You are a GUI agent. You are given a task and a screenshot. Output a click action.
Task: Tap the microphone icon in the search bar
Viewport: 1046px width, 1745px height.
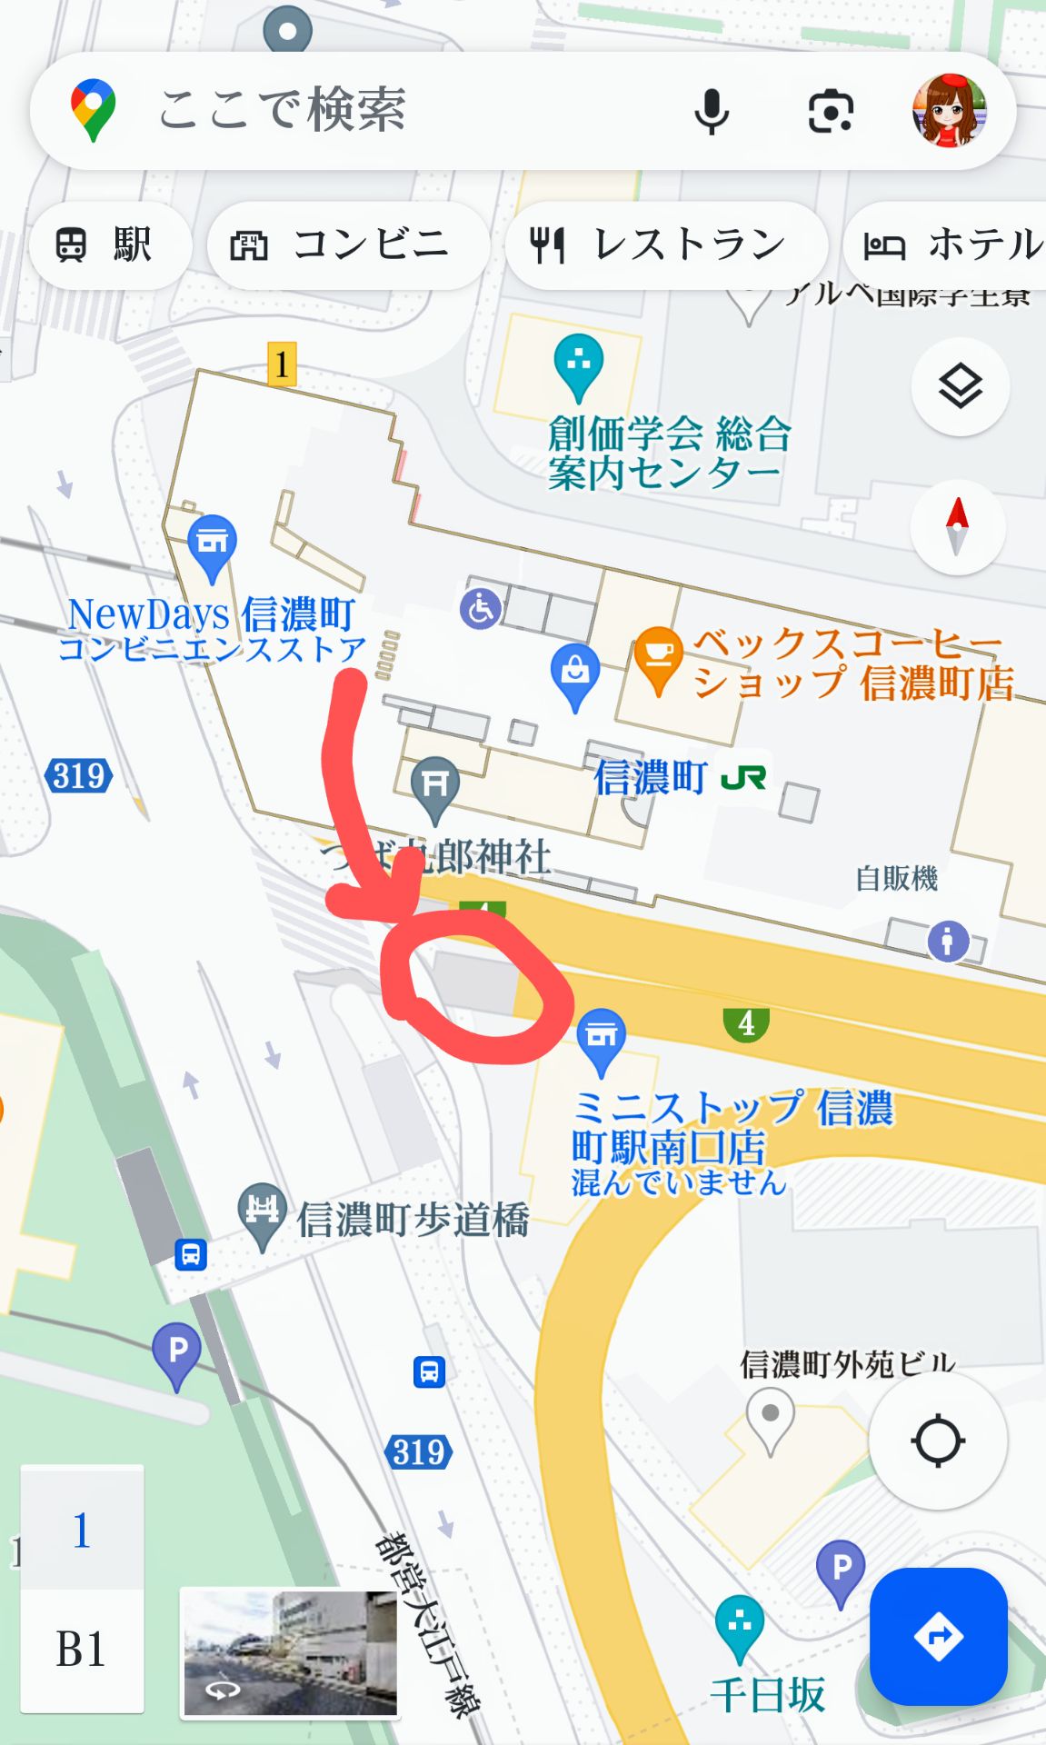(x=712, y=112)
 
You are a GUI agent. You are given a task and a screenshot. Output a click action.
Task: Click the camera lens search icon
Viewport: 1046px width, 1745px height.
(x=831, y=112)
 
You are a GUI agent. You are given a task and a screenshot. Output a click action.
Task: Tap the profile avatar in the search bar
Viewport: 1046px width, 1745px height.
(x=949, y=111)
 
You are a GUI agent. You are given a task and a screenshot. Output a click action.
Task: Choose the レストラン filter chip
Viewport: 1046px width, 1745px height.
(x=665, y=244)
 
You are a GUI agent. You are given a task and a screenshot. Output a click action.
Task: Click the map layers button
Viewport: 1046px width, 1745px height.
(x=960, y=387)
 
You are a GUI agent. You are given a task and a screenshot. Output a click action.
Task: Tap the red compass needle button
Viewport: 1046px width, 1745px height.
(x=957, y=527)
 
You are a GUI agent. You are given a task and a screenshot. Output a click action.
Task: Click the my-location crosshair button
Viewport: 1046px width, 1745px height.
(x=937, y=1441)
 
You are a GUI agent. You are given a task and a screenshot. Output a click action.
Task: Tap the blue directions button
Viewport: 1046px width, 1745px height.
(x=938, y=1636)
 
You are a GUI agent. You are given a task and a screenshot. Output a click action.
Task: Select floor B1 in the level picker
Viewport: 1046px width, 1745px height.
(x=82, y=1649)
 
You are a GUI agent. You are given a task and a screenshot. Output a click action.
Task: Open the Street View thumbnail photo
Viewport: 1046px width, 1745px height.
(x=290, y=1652)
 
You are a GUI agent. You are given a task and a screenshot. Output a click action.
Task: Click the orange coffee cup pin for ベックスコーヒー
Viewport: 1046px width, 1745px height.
(x=658, y=658)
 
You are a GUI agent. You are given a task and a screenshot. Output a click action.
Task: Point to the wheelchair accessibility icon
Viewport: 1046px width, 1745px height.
(x=480, y=608)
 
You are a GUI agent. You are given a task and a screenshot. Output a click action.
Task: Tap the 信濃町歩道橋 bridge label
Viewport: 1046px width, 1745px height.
(x=413, y=1219)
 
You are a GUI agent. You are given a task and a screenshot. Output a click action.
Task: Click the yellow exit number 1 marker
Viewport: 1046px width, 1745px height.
(x=282, y=364)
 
